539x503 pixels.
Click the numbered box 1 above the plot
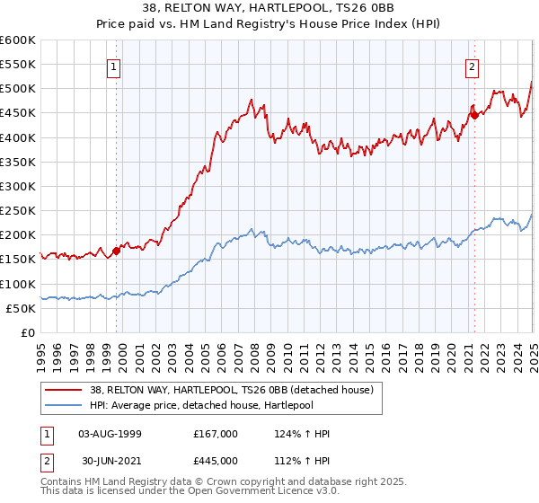115,65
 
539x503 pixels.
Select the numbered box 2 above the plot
473,65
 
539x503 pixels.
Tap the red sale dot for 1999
116,251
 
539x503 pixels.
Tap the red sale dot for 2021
474,115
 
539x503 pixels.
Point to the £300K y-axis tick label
18,186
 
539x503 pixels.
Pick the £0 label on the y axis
28,332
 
